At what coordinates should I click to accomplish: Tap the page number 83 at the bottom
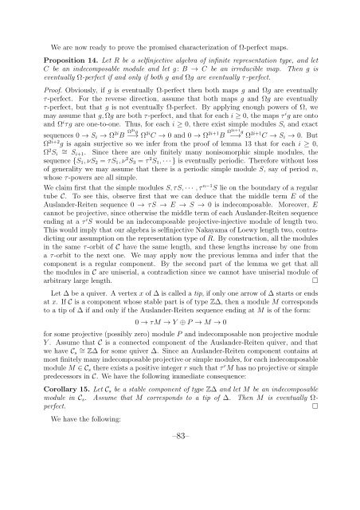click(x=180, y=477)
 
